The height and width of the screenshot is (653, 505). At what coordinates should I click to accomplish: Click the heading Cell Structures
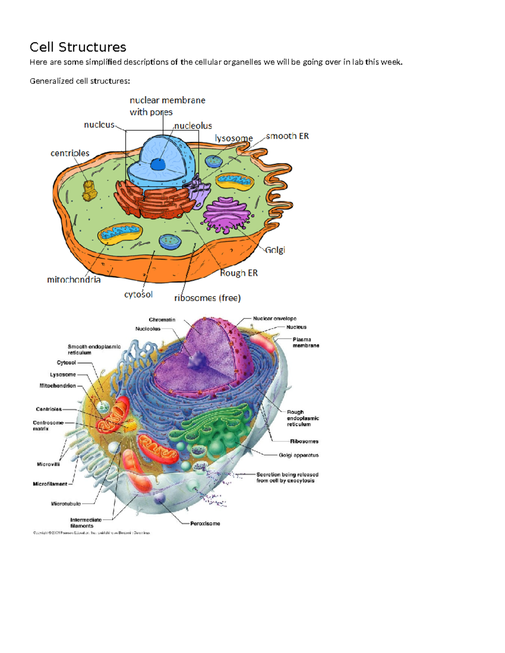pyautogui.click(x=78, y=47)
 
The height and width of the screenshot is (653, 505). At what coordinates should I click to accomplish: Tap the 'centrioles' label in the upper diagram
pyautogui.click(x=70, y=153)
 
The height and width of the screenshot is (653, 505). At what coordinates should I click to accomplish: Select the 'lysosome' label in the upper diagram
pyautogui.click(x=234, y=138)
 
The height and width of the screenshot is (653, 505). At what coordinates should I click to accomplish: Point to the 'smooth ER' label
pyautogui.click(x=287, y=136)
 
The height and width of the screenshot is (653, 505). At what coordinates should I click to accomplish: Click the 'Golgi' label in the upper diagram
pyautogui.click(x=275, y=250)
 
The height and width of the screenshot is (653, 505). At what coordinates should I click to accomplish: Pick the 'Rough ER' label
pyautogui.click(x=239, y=273)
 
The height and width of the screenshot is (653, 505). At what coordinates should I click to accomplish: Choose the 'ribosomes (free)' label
pyautogui.click(x=207, y=298)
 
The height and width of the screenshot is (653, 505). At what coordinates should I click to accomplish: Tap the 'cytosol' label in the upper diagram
pyautogui.click(x=138, y=294)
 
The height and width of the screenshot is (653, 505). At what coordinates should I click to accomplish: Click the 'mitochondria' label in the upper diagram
pyautogui.click(x=74, y=280)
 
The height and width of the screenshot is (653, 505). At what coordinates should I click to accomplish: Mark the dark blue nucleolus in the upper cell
pyautogui.click(x=158, y=164)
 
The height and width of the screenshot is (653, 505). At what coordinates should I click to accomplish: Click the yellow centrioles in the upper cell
pyautogui.click(x=90, y=190)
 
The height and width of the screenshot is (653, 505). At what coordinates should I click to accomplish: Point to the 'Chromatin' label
pyautogui.click(x=162, y=320)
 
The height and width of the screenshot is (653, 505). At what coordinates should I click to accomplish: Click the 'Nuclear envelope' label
pyautogui.click(x=274, y=319)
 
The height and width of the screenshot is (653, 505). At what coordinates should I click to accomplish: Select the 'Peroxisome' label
pyautogui.click(x=205, y=523)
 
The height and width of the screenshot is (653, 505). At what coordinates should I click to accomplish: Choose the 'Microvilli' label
pyautogui.click(x=48, y=464)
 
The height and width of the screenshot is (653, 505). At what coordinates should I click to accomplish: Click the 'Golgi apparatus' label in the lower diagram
pyautogui.click(x=298, y=455)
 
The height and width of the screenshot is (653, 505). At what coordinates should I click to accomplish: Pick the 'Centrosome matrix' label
pyautogui.click(x=48, y=426)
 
